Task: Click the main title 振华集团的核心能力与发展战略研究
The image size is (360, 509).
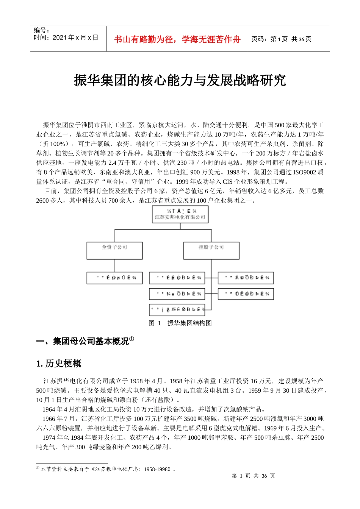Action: [x=180, y=80]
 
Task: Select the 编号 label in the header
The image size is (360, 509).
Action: [x=41, y=30]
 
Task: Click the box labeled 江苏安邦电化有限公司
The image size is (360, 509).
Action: [x=180, y=214]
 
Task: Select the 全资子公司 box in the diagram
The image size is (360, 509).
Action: [x=114, y=250]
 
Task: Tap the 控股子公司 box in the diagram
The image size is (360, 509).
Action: [x=211, y=250]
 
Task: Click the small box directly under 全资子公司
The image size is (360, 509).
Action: [x=114, y=278]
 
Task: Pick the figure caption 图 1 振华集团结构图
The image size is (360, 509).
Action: [x=180, y=323]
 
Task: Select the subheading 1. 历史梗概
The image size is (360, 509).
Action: [x=59, y=364]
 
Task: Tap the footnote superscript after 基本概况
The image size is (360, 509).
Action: [x=131, y=339]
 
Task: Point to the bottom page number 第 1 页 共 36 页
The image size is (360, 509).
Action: [x=253, y=476]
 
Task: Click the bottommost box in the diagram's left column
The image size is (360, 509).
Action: [x=177, y=309]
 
